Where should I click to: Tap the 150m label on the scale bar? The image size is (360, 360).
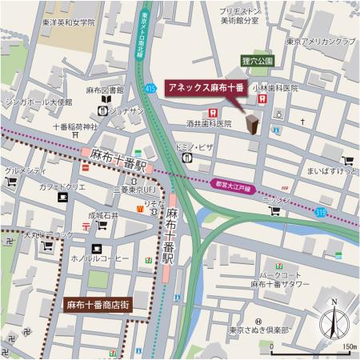(348, 346)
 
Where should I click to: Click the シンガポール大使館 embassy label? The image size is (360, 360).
(38, 104)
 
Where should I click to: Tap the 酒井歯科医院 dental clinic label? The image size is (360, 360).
(209, 124)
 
